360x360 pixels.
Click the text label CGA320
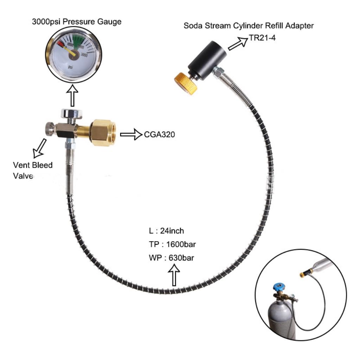pos(160,134)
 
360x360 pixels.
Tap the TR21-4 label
pos(263,37)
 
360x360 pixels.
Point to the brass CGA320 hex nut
pos(102,132)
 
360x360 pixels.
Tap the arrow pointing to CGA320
pos(130,134)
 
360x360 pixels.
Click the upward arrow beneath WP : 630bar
pos(174,275)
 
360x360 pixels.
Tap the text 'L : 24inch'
pos(166,231)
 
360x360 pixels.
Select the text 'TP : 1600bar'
pos(171,244)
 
